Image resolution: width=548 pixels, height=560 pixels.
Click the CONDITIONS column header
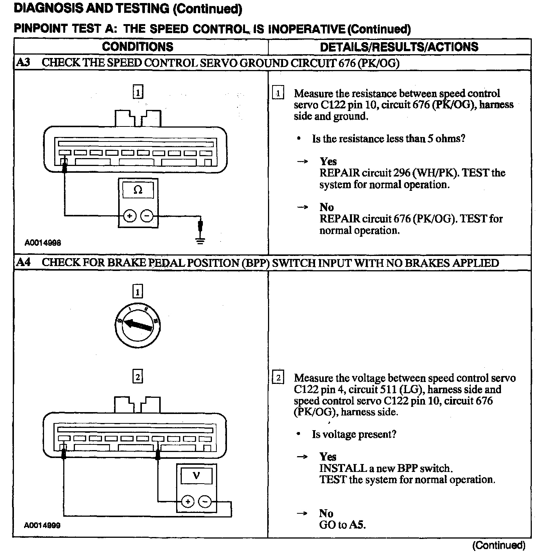click(x=137, y=47)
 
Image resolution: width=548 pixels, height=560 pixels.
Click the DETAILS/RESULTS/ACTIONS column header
click(x=399, y=47)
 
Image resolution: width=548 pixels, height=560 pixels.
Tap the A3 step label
click(x=23, y=62)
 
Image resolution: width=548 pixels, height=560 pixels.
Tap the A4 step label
click(x=23, y=262)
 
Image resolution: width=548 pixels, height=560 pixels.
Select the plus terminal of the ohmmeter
click(x=129, y=216)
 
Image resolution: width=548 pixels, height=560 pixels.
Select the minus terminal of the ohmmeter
click(x=147, y=216)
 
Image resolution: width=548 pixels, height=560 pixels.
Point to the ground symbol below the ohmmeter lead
click(x=201, y=240)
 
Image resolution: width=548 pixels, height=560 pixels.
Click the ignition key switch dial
click(x=138, y=324)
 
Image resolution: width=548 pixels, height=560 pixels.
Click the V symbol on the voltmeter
click(x=196, y=476)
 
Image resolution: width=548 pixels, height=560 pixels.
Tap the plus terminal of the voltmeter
click(x=188, y=502)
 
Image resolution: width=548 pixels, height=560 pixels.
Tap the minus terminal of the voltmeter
click(x=205, y=502)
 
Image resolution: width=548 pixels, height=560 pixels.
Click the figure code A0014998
click(x=43, y=243)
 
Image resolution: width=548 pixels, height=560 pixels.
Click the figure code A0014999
click(x=42, y=525)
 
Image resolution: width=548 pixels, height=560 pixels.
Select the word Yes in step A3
click(x=328, y=161)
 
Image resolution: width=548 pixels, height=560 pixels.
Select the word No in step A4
click(x=326, y=513)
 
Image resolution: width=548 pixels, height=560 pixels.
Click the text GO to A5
click(x=342, y=525)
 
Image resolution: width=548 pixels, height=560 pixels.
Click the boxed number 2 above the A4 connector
click(x=138, y=377)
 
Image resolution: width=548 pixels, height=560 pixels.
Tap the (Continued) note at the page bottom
click(x=498, y=545)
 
